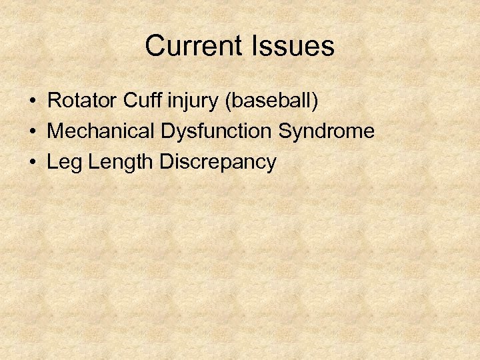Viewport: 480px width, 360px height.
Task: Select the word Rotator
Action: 82,101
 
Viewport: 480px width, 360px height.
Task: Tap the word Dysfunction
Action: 216,132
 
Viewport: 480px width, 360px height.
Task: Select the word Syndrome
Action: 326,132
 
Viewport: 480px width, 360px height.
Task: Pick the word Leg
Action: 63,163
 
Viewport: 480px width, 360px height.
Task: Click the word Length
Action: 119,163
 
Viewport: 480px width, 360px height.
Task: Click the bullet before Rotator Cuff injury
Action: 33,102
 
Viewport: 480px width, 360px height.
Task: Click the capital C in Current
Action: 155,47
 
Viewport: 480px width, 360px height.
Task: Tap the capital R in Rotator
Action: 55,101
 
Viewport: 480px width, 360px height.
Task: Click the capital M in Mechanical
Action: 56,131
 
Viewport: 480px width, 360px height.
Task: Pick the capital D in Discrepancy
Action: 167,162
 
